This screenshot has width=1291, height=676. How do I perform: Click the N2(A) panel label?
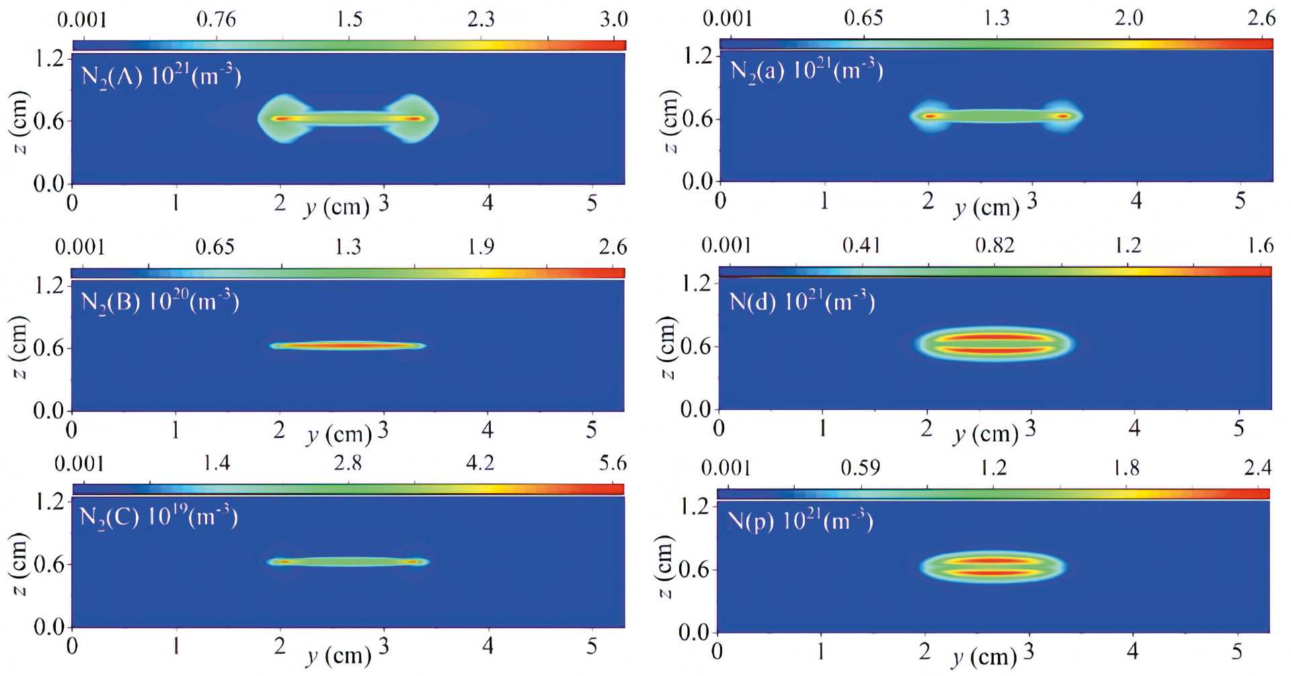(x=161, y=75)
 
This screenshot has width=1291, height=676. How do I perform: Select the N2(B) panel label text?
(x=159, y=302)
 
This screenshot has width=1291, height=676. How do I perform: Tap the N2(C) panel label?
(x=159, y=517)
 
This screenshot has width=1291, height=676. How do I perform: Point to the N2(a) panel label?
(x=806, y=71)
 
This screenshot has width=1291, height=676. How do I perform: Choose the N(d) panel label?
(x=802, y=302)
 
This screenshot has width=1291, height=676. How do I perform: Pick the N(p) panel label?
(x=801, y=521)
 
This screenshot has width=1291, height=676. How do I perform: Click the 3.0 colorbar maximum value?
(x=613, y=19)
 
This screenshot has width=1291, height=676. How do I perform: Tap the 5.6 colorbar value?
(x=613, y=463)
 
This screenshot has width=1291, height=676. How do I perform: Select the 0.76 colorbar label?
(x=216, y=19)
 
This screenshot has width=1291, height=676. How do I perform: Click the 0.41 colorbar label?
(x=861, y=245)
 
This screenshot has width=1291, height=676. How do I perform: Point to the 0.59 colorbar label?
(x=860, y=467)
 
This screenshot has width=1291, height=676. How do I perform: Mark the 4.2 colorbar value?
(x=480, y=463)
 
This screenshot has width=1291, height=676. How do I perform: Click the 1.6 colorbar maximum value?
(x=1261, y=245)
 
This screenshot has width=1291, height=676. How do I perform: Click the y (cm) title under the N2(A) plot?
(x=336, y=207)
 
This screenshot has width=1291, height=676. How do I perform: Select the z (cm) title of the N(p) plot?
(x=664, y=566)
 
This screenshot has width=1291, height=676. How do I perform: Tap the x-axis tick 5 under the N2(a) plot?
(x=1240, y=201)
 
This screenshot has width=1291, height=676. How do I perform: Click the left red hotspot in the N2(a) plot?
(x=929, y=116)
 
